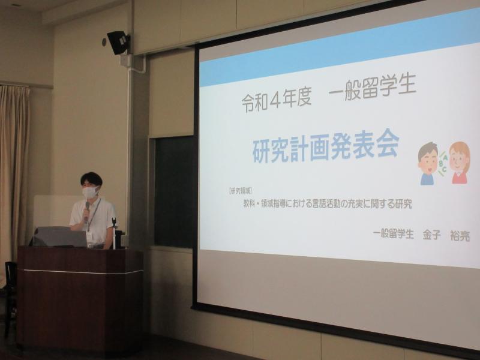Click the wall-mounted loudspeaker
(118, 42)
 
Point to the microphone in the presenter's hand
(87, 211)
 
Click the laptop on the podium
(59, 236)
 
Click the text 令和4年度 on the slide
(277, 100)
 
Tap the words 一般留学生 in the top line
(372, 87)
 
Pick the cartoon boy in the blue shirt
(428, 164)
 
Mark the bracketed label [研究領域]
(241, 191)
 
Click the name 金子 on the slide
(431, 235)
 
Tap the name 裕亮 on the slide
(460, 236)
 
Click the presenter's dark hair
(91, 178)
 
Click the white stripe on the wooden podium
(80, 272)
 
